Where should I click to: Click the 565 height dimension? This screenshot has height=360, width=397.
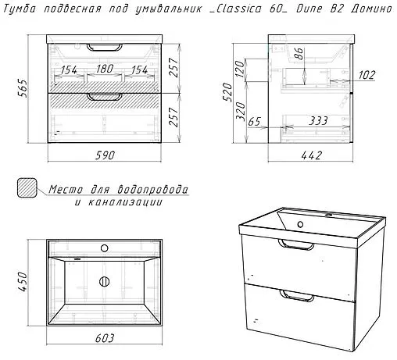point(23,87)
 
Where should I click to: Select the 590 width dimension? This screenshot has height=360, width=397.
point(105,155)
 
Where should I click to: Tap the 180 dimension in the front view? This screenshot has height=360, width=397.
point(105,69)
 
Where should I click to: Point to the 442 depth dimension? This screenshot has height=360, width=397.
point(312,155)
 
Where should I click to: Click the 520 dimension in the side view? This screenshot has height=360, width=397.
point(227,92)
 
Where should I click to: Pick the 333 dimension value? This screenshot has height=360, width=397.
point(318,121)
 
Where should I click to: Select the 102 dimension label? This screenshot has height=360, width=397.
point(367,75)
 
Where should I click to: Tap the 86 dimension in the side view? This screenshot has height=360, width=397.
point(300,54)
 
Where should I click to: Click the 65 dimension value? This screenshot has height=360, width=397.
point(254,122)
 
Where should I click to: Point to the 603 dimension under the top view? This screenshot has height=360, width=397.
point(105,338)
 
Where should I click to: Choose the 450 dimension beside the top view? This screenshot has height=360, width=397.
point(23,282)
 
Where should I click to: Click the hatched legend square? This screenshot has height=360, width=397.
point(27,187)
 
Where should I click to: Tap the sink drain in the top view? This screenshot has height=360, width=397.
point(104,282)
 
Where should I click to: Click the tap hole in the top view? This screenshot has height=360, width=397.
point(105,248)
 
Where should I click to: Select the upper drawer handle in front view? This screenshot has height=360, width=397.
point(105,47)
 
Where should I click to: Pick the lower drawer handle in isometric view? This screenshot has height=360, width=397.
point(296,295)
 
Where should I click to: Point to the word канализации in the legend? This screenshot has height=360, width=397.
point(125,202)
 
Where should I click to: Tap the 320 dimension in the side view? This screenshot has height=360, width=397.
point(241,112)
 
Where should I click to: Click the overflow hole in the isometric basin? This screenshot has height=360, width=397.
point(300,224)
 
